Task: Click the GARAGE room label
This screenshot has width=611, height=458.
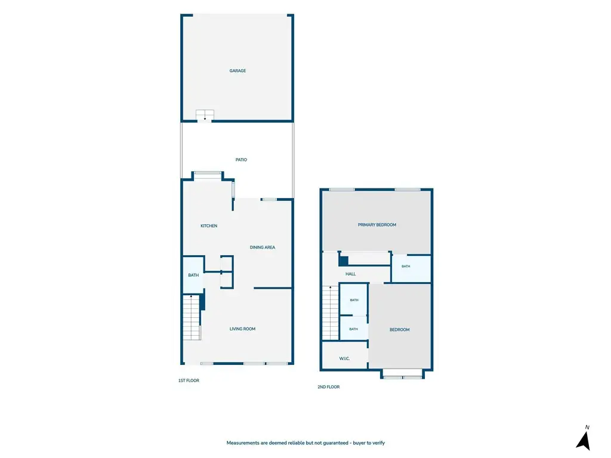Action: pyautogui.click(x=237, y=71)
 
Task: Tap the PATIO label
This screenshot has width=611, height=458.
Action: pyautogui.click(x=241, y=160)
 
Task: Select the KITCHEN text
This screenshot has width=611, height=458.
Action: pyautogui.click(x=209, y=226)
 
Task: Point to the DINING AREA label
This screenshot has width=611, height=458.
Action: pyautogui.click(x=263, y=247)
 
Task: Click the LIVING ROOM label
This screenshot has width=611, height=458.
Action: pyautogui.click(x=242, y=329)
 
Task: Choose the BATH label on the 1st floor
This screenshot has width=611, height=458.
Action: pyautogui.click(x=193, y=276)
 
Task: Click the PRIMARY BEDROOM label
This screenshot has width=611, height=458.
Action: pyautogui.click(x=377, y=225)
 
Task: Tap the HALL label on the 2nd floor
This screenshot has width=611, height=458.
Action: pyautogui.click(x=350, y=274)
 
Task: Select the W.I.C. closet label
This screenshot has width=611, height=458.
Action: pyautogui.click(x=344, y=358)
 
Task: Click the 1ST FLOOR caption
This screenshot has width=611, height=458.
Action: pyautogui.click(x=189, y=380)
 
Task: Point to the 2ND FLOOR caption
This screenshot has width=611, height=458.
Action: pyautogui.click(x=329, y=387)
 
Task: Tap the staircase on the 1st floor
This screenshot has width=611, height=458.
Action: pyautogui.click(x=192, y=318)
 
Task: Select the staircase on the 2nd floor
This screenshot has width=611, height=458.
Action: pyautogui.click(x=331, y=313)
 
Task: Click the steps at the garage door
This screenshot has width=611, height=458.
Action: pyautogui.click(x=205, y=115)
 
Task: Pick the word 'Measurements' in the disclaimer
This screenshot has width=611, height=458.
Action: pyautogui.click(x=243, y=443)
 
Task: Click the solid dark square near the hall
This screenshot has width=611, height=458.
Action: pyautogui.click(x=343, y=261)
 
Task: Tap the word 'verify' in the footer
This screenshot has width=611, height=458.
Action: pyautogui.click(x=378, y=443)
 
